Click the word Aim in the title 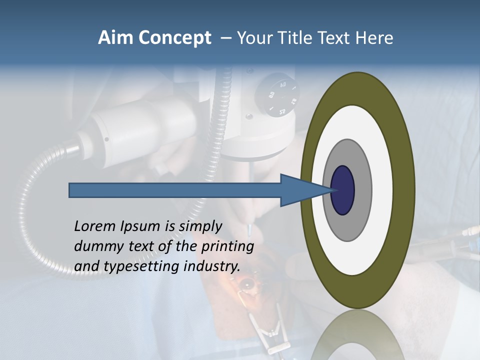(x=116, y=38)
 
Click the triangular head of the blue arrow (x=300, y=190)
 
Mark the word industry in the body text (x=212, y=266)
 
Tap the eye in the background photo (x=246, y=285)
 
